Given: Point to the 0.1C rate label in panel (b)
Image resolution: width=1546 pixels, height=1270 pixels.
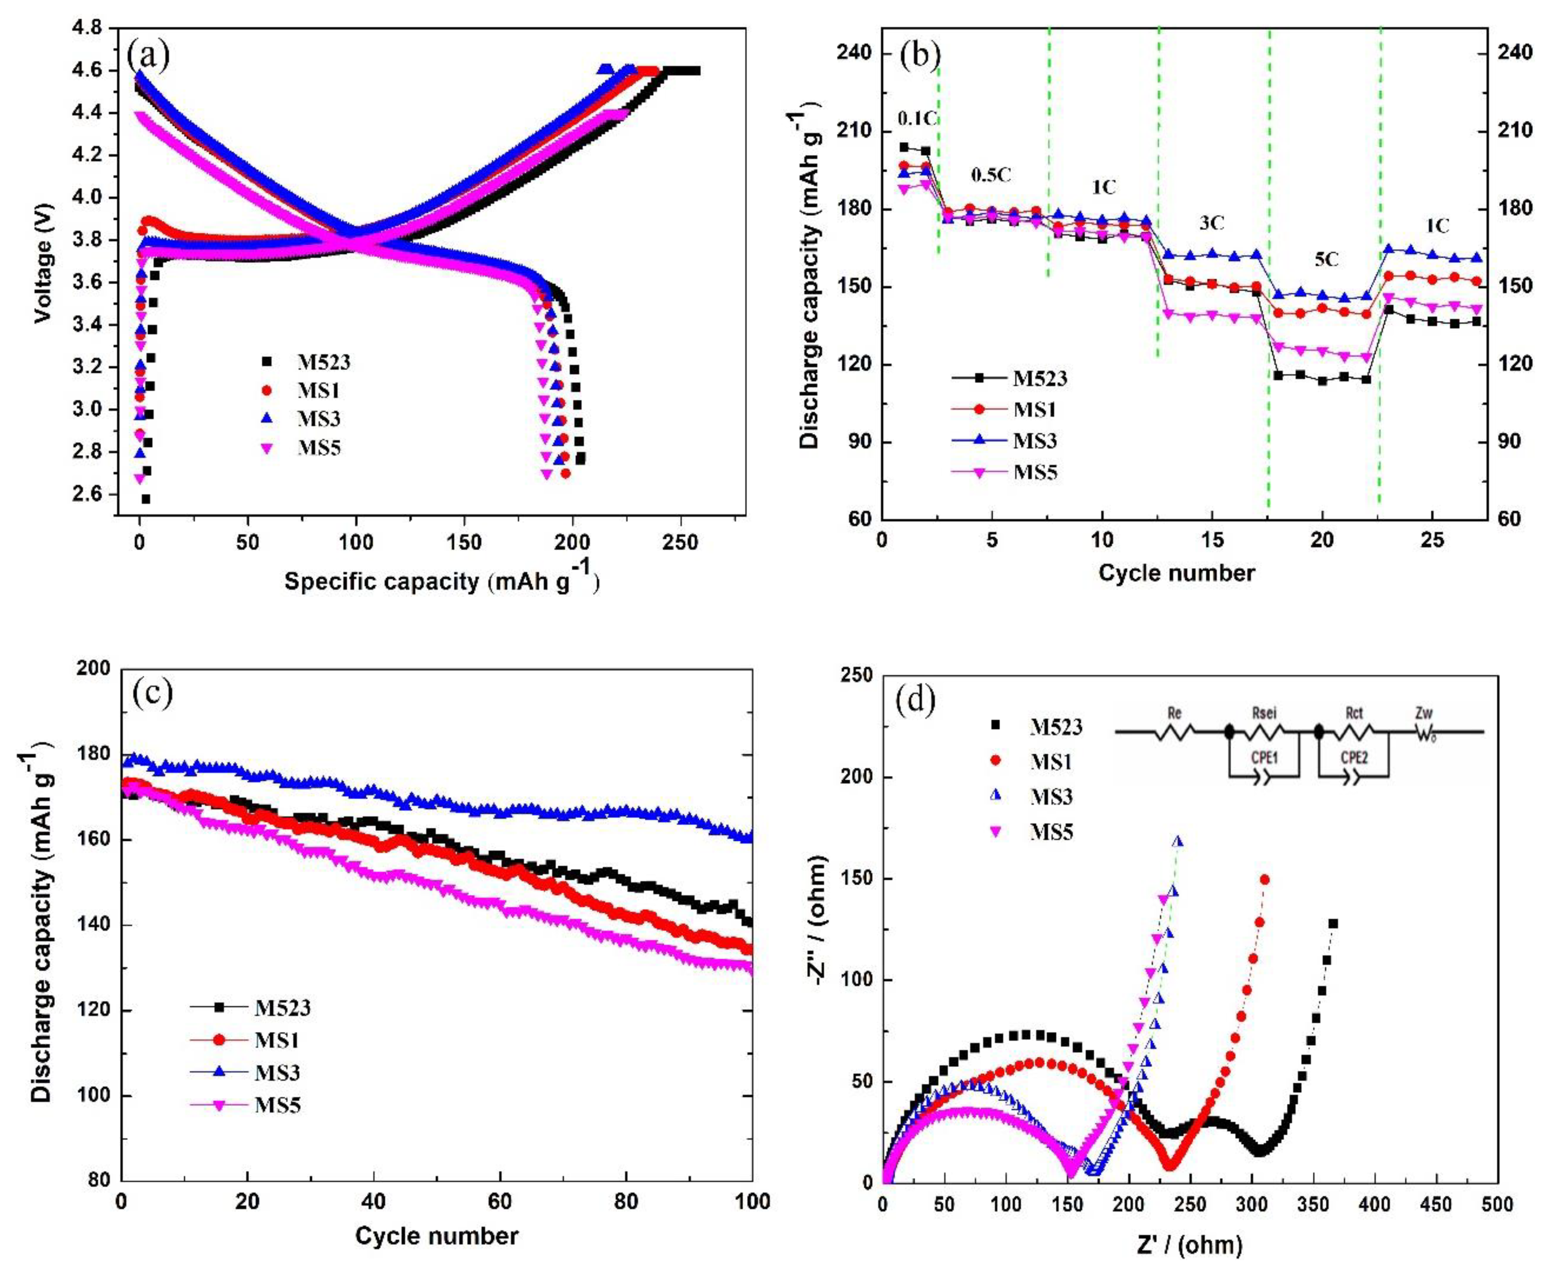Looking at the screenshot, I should pyautogui.click(x=918, y=118).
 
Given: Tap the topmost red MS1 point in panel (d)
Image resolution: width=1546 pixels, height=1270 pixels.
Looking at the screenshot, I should pyautogui.click(x=1264, y=879).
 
